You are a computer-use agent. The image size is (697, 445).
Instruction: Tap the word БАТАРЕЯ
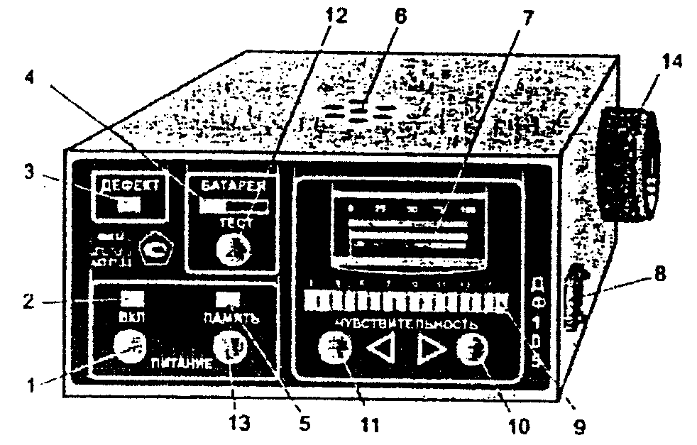click(x=234, y=187)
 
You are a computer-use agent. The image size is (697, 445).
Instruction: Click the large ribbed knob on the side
click(x=630, y=165)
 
